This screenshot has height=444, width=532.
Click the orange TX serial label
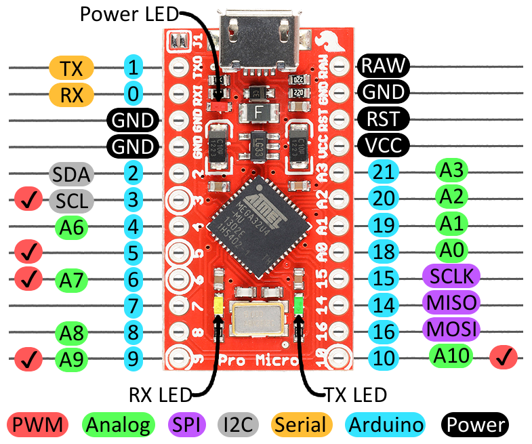point(71,68)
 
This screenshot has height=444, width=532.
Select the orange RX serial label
point(71,95)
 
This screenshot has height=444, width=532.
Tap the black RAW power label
point(383,66)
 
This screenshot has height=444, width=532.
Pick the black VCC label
point(383,144)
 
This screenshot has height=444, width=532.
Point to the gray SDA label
point(71,174)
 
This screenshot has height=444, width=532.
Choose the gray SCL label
point(71,201)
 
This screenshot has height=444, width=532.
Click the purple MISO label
point(451,302)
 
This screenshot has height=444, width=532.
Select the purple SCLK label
point(451,276)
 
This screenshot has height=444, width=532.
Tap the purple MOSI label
point(451,329)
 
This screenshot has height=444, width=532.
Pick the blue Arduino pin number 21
point(384,172)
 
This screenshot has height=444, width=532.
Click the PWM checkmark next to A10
point(503,356)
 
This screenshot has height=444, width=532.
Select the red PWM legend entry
point(39,425)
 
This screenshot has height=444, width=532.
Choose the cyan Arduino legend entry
point(385,425)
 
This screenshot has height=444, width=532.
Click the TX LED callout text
point(355,394)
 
